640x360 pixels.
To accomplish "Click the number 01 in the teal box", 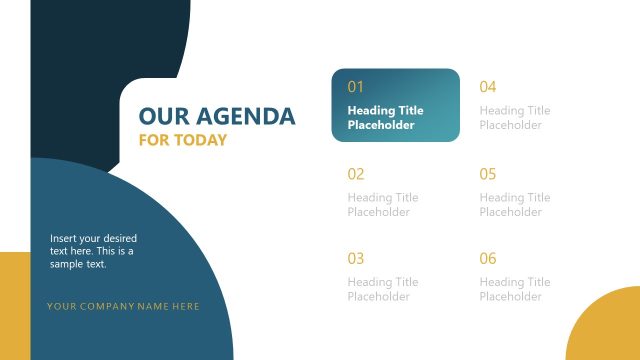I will [356, 87].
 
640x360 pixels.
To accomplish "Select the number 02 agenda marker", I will [356, 174].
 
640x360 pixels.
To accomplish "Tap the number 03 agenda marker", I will [356, 259].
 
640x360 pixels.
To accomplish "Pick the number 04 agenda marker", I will [488, 87].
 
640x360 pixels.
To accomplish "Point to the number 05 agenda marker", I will [488, 174].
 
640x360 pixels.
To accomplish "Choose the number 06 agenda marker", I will [488, 259].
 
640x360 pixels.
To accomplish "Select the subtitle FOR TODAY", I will [183, 140].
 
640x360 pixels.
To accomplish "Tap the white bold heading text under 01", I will [385, 118].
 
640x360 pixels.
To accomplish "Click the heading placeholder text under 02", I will [383, 205].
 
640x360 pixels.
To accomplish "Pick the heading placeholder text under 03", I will [383, 290].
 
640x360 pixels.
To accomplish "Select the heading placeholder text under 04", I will [515, 118].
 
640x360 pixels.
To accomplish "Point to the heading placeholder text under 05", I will [515, 205].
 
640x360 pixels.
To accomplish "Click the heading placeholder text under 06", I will [515, 290].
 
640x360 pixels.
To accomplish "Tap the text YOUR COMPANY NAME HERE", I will [123, 306].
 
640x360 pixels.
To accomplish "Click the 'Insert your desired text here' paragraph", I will [93, 251].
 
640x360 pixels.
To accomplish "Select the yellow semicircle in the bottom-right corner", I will [608, 330].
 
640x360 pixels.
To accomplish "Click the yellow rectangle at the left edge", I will [14, 305].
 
